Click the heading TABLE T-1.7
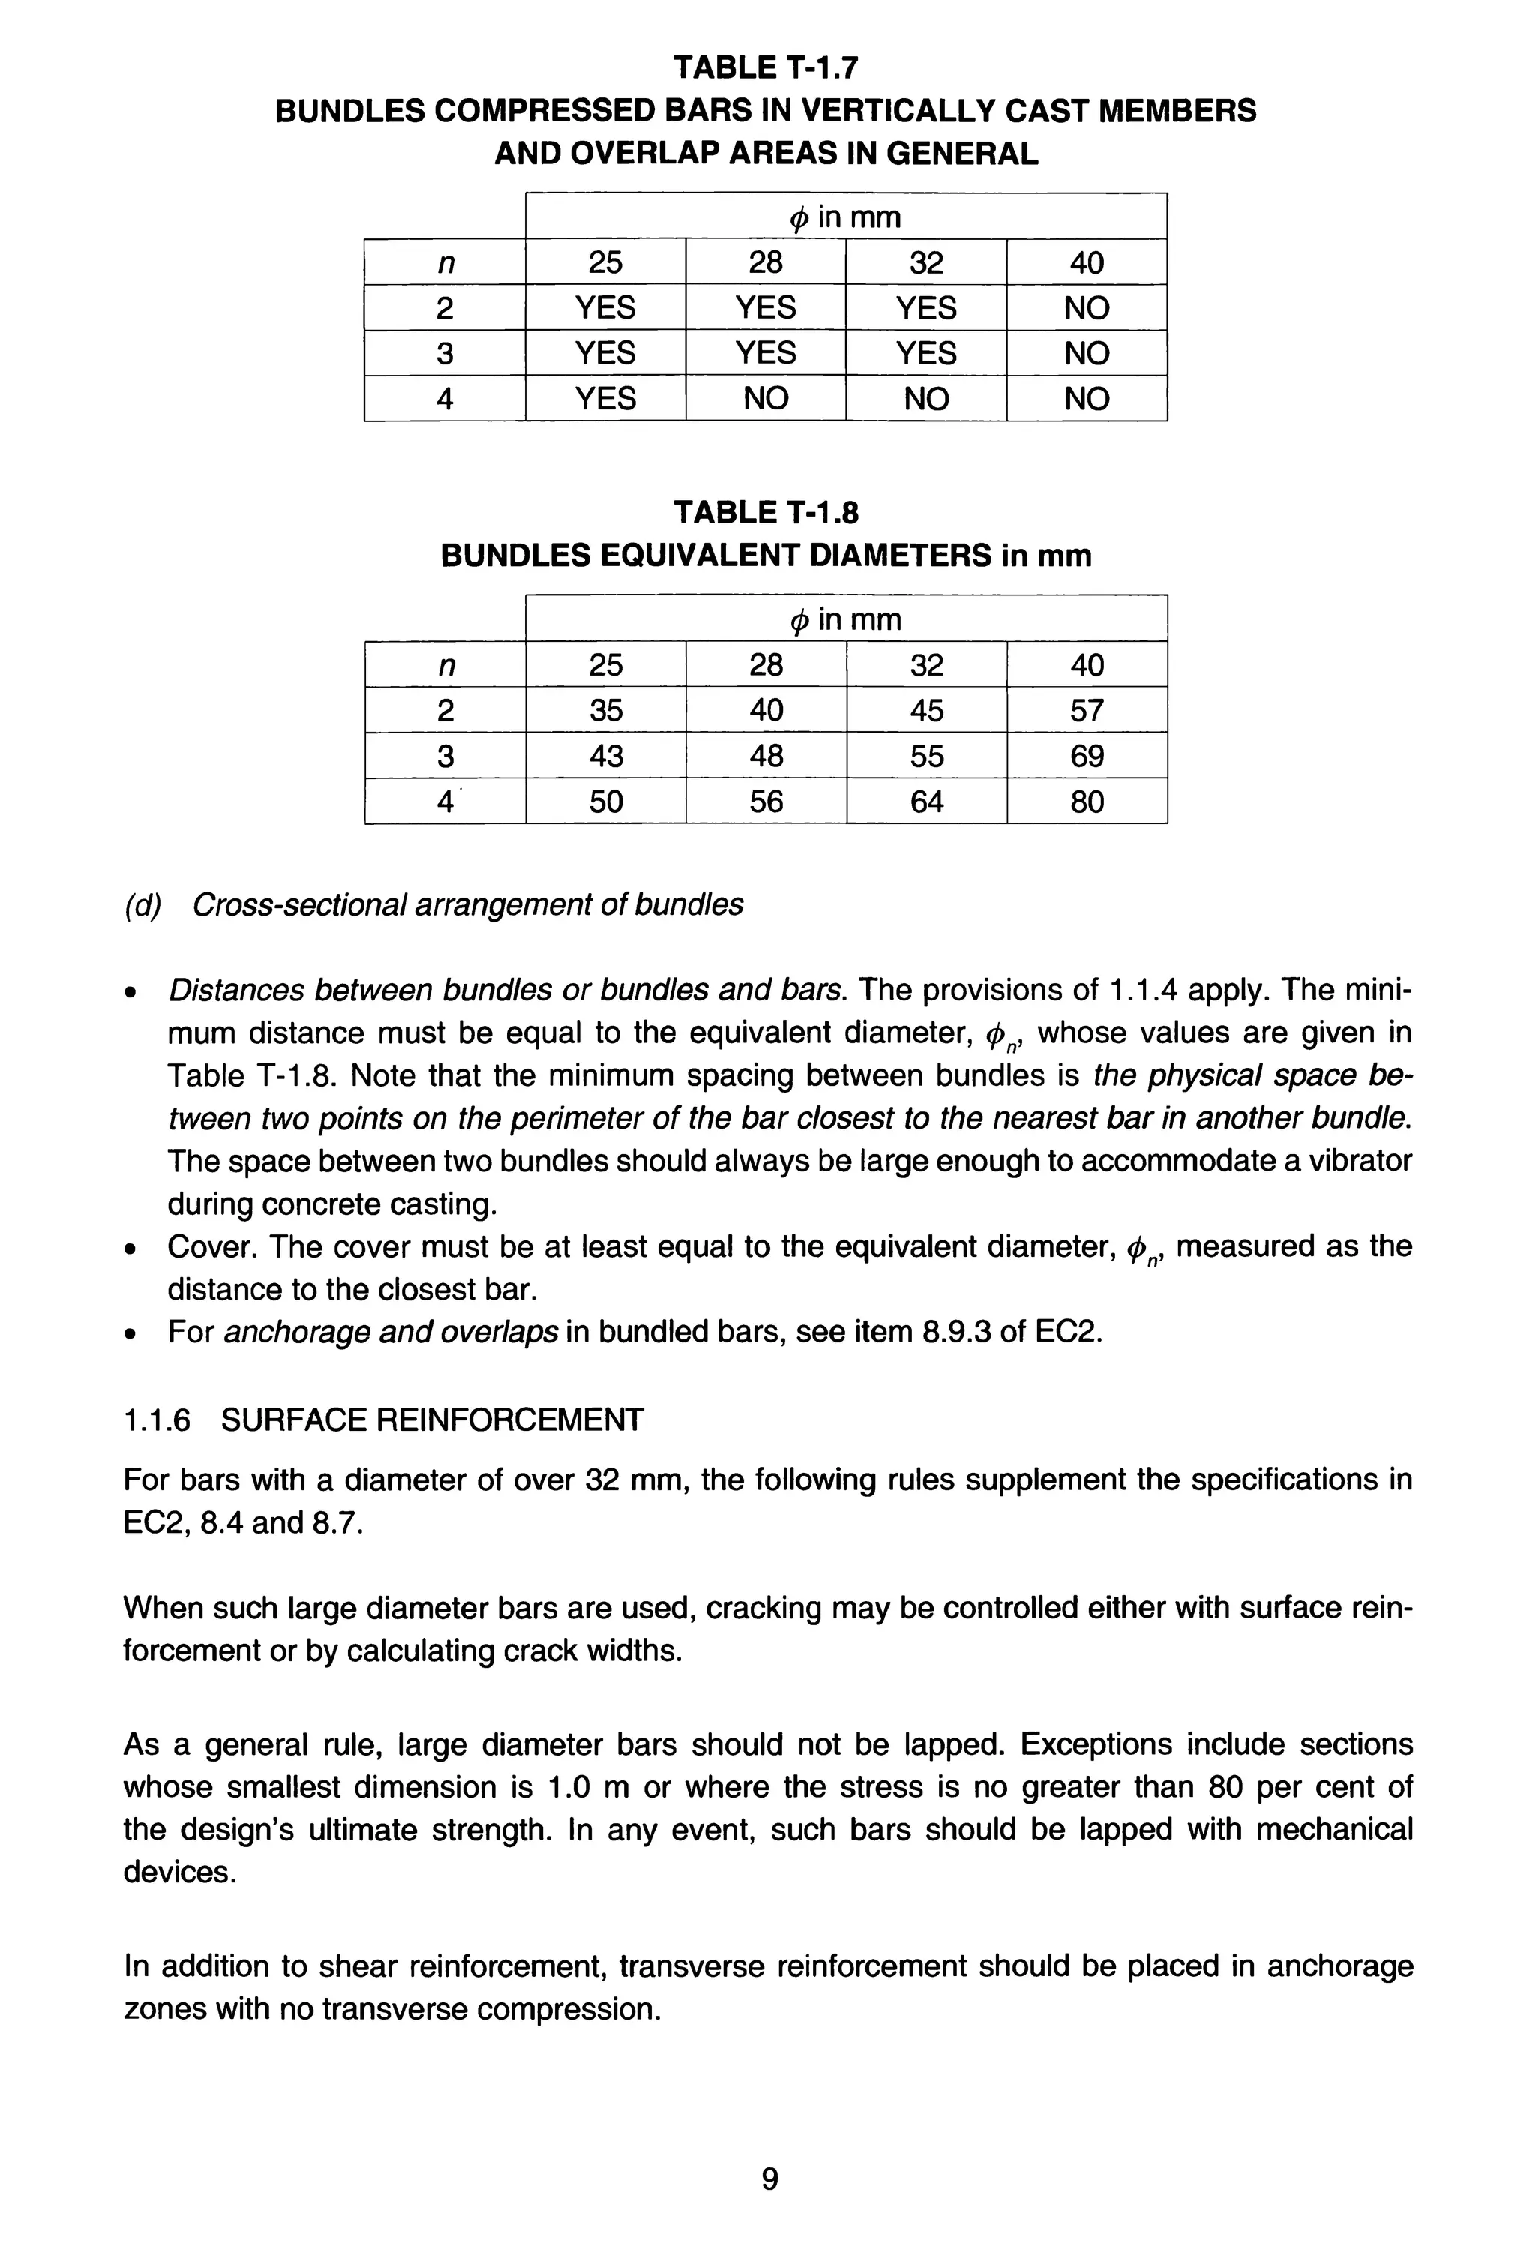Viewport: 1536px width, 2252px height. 766,67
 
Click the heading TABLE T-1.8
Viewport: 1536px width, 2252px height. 766,511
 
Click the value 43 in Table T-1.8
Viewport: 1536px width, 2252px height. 606,756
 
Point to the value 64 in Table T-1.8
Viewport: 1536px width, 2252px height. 926,802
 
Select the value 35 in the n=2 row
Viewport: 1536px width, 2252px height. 606,710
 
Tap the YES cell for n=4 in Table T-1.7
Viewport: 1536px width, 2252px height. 606,398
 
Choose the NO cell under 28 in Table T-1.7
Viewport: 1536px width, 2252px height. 766,398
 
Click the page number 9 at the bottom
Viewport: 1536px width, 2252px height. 769,2179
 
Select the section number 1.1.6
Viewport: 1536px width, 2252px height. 157,1420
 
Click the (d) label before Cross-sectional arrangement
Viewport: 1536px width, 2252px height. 143,904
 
